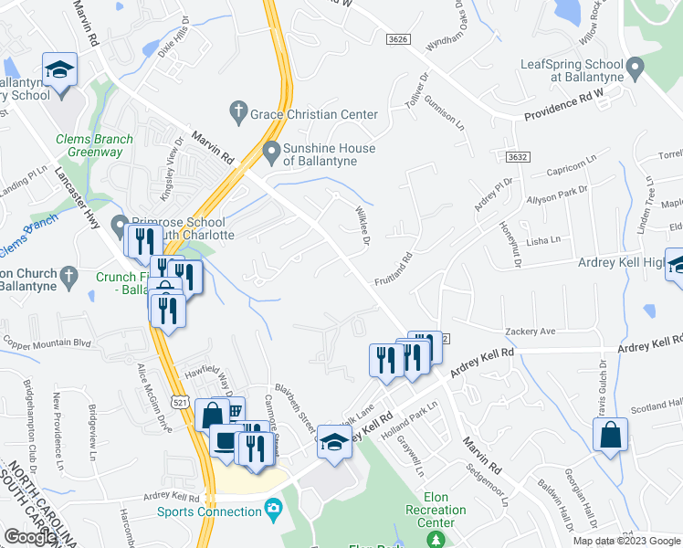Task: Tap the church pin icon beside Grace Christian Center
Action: tap(238, 113)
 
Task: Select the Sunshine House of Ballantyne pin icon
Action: tap(270, 150)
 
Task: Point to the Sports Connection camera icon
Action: tap(272, 508)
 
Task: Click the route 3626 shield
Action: tap(397, 39)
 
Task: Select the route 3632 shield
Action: tap(519, 157)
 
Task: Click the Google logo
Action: tap(30, 537)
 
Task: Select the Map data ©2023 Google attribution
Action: tap(626, 541)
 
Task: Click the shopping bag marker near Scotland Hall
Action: tap(610, 436)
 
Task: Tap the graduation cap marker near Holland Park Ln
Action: tap(335, 444)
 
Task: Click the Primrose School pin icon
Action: tap(119, 225)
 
